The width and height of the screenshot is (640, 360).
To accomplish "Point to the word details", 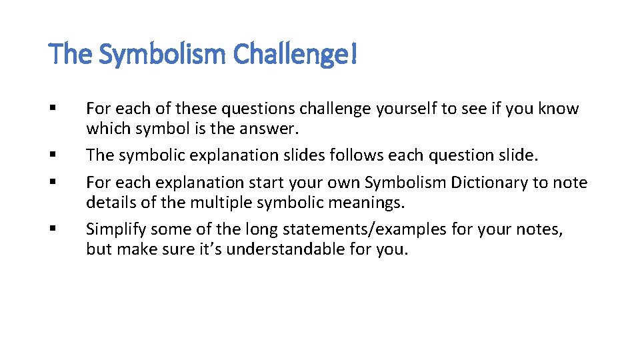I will tap(108, 201).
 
